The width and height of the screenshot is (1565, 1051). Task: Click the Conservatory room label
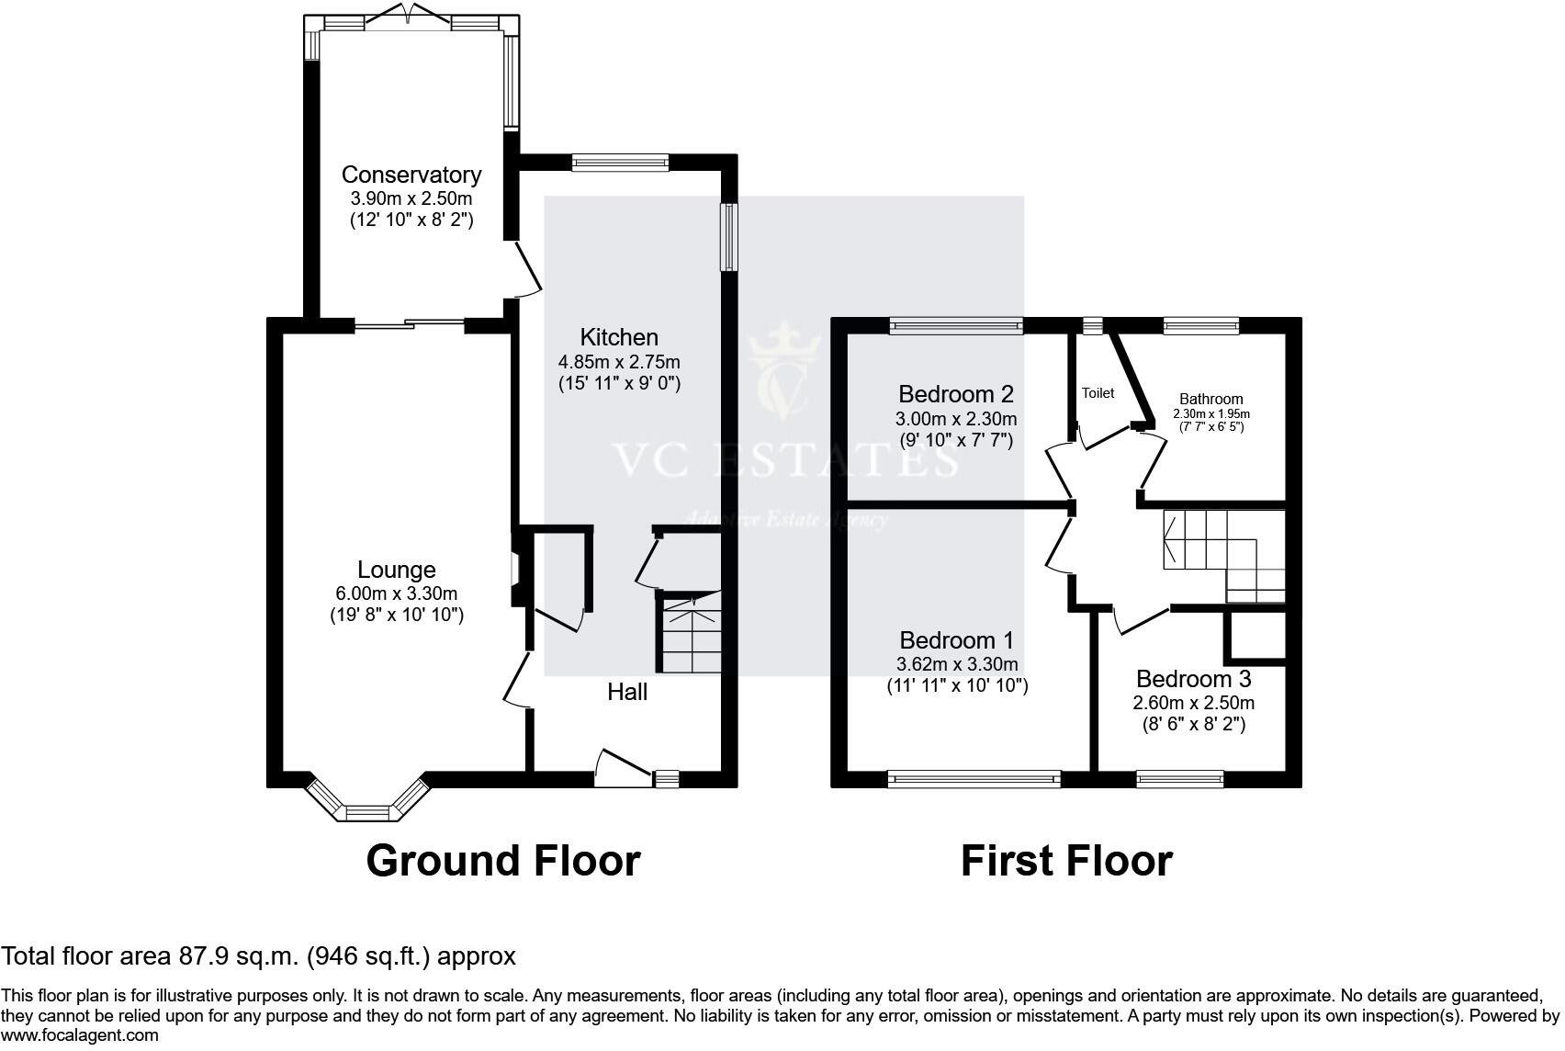click(x=411, y=175)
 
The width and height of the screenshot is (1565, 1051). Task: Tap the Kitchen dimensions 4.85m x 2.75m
click(x=619, y=362)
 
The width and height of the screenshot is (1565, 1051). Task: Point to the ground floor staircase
click(x=689, y=634)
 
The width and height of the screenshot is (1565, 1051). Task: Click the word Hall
click(x=627, y=692)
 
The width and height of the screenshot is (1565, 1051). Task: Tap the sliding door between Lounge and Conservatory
click(x=410, y=323)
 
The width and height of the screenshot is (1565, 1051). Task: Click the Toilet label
click(x=1098, y=393)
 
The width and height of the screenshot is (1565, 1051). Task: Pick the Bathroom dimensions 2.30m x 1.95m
click(x=1211, y=413)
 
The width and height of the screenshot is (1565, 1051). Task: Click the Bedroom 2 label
click(x=955, y=394)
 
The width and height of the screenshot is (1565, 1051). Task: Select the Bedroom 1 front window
click(x=974, y=779)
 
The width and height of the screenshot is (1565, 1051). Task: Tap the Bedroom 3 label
click(x=1193, y=679)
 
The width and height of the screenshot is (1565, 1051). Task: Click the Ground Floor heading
click(x=502, y=861)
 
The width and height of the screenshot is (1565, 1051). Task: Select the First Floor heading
click(x=1066, y=861)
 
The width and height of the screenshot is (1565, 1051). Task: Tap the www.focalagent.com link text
click(x=80, y=1035)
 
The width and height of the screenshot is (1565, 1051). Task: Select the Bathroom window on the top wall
click(x=1200, y=324)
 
